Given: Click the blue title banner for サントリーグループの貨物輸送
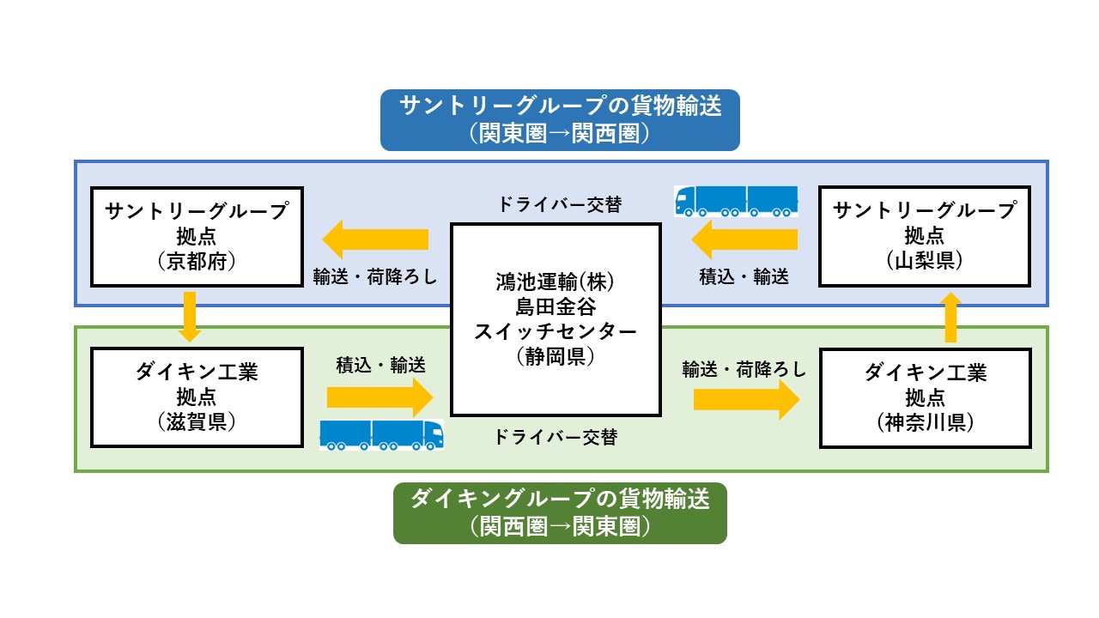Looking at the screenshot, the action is (560, 120).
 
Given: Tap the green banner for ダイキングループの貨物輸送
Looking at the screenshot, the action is (560, 513).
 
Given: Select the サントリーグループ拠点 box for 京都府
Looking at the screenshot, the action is (197, 236).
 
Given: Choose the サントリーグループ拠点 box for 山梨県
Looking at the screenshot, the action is (925, 236).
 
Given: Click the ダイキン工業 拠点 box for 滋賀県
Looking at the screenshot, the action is (197, 397).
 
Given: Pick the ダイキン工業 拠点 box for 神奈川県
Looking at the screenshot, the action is (926, 398).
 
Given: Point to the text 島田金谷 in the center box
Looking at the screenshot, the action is (556, 307).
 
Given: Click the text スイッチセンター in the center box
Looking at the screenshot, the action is (556, 331).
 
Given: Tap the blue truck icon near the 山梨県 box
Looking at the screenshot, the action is (736, 201).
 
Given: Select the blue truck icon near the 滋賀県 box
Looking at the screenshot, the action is (382, 434).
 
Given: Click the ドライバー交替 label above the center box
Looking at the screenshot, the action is (560, 204).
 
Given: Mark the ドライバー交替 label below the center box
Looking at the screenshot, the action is (556, 437).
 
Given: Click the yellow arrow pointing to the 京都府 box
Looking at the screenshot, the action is (375, 239).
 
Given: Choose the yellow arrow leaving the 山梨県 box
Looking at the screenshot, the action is (744, 239).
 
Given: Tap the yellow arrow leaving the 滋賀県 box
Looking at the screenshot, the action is (380, 397).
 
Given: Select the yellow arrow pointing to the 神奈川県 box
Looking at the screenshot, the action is (747, 400).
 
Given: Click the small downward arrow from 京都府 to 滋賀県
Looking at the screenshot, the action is (190, 317).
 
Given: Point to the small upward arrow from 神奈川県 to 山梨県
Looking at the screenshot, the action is (950, 318).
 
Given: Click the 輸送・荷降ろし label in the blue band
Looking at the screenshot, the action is (375, 277).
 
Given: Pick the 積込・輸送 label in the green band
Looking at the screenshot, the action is (380, 365).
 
